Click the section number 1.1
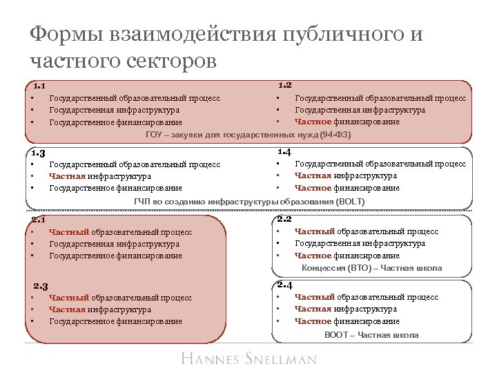39,87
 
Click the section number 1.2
284,86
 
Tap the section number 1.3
39,153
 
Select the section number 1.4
284,151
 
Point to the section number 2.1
39,220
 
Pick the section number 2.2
284,219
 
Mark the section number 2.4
284,285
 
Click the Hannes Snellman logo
249,358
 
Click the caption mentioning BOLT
248,201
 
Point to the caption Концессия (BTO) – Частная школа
371,268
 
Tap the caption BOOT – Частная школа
371,334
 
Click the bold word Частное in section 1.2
313,122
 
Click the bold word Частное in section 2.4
313,321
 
